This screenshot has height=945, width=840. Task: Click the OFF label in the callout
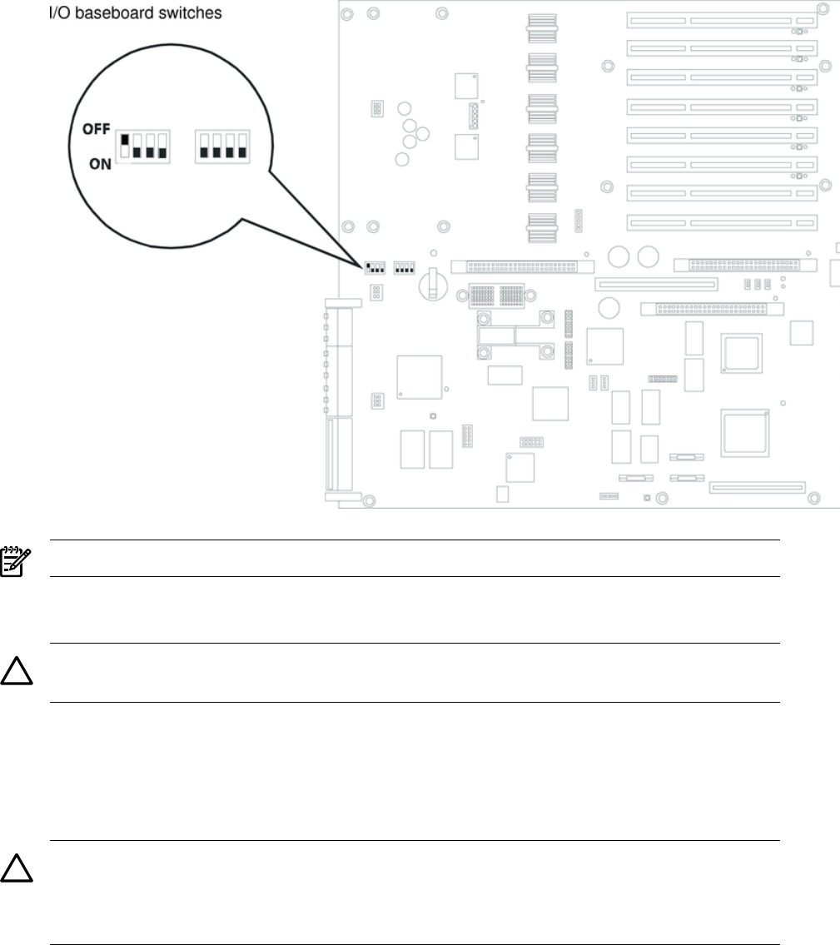click(x=97, y=129)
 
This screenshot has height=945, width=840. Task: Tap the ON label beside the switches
click(x=100, y=165)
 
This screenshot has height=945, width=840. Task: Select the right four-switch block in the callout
click(x=222, y=147)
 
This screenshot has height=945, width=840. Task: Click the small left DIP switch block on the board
click(x=374, y=267)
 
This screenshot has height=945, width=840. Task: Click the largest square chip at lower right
click(x=746, y=431)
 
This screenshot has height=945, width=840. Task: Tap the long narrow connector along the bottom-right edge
click(x=757, y=486)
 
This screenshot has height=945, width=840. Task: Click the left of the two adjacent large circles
click(x=619, y=256)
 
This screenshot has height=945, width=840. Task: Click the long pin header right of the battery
click(x=524, y=266)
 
